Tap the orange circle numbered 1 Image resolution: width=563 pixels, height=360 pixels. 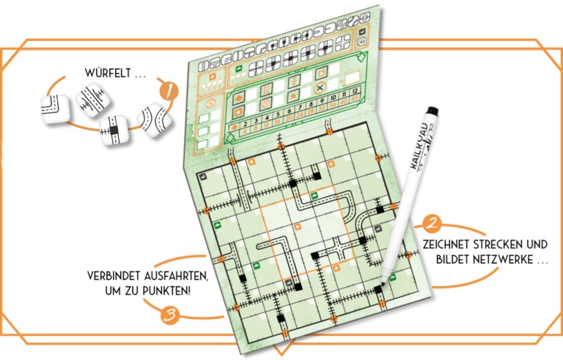point(169,92)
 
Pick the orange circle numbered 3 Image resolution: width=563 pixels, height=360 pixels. point(169,316)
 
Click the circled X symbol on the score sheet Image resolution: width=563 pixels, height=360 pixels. point(320,87)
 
